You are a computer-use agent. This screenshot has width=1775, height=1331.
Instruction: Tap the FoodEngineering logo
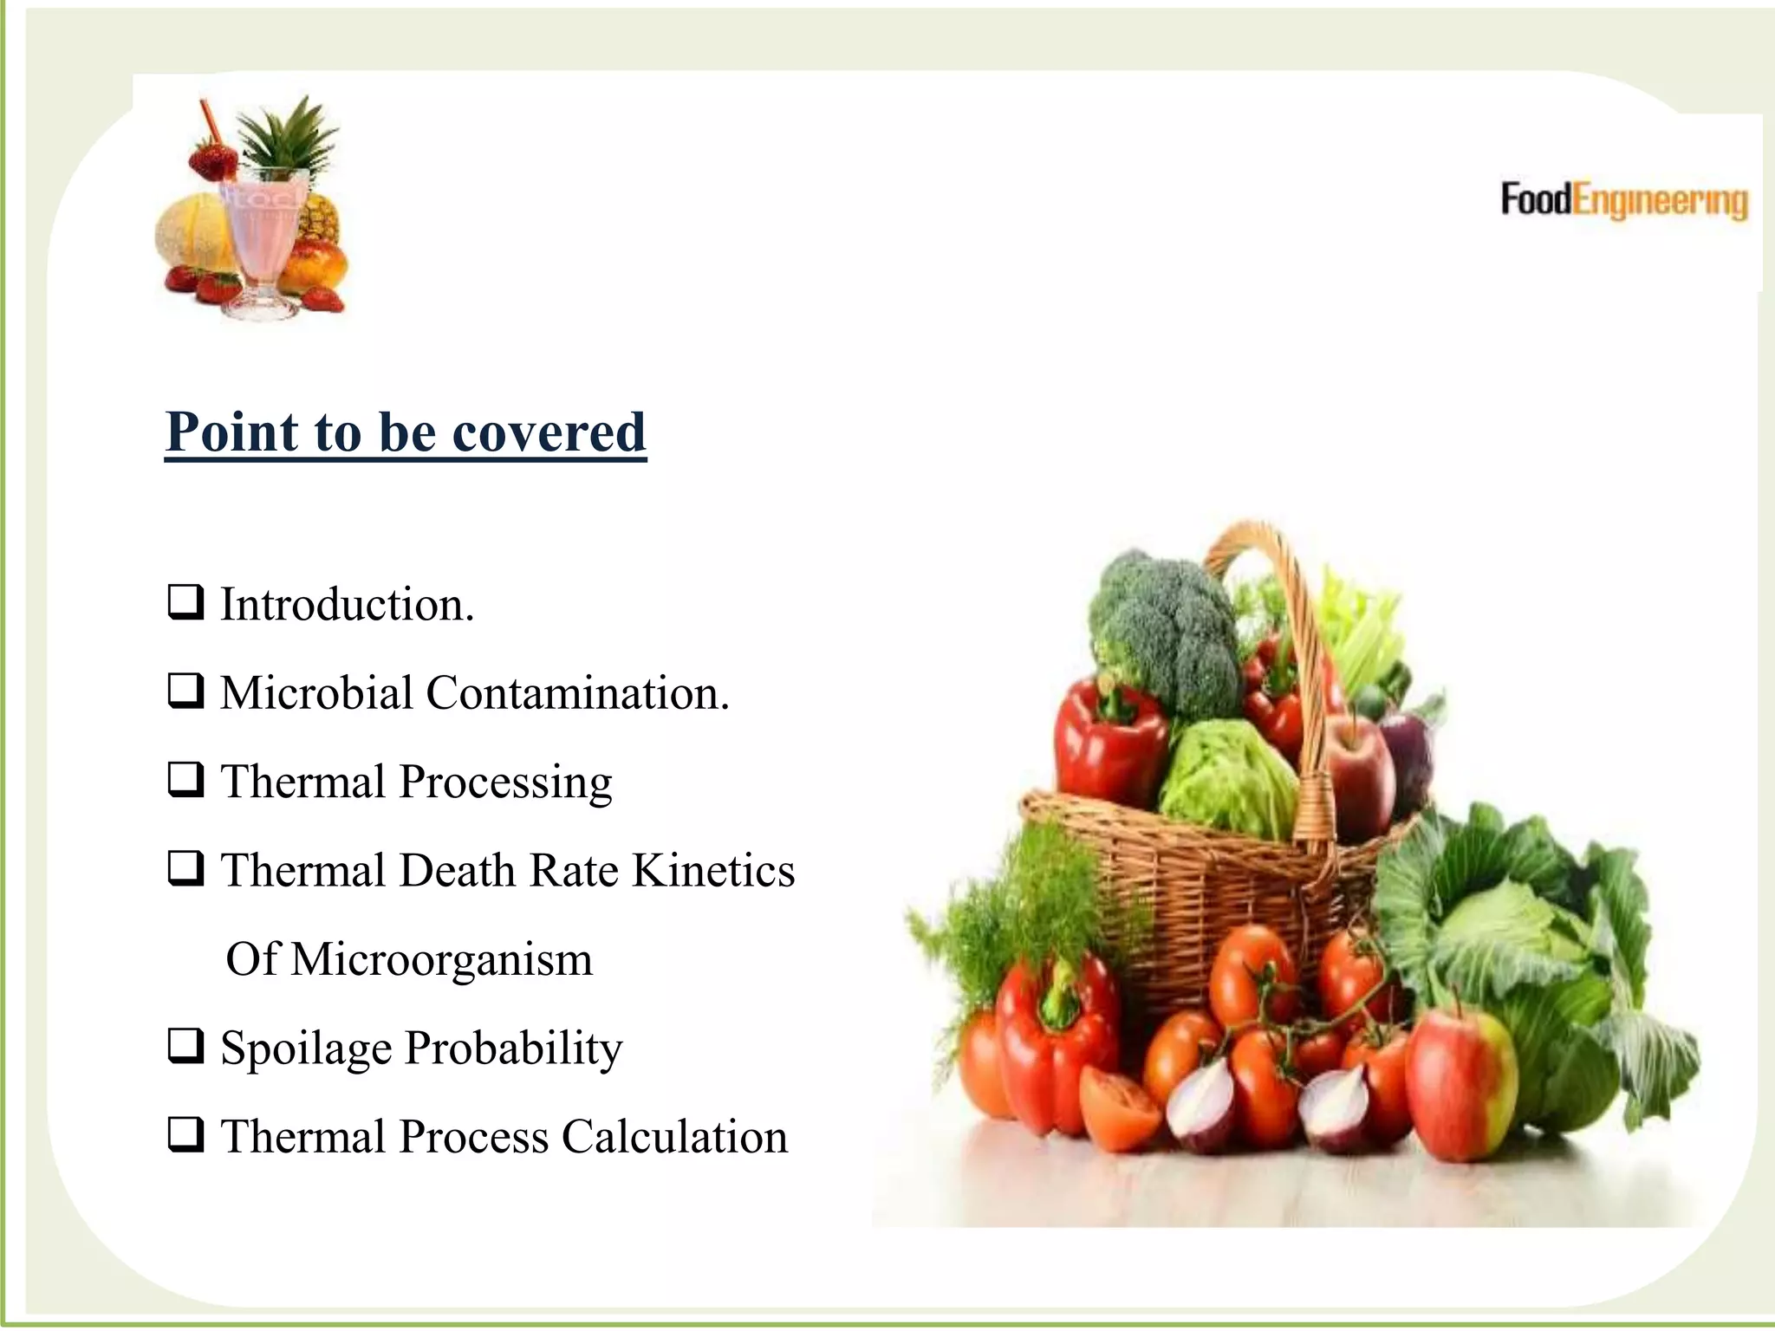pyautogui.click(x=1623, y=200)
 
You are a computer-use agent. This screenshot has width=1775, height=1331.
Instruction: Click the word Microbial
pyautogui.click(x=316, y=693)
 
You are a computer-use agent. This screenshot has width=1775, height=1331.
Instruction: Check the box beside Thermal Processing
pyautogui.click(x=185, y=780)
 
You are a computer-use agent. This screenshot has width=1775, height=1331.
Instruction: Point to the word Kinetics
pyautogui.click(x=712, y=870)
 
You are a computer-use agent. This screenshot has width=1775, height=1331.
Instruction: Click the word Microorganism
pyautogui.click(x=441, y=959)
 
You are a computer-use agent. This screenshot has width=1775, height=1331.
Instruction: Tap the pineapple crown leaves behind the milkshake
pyautogui.click(x=284, y=139)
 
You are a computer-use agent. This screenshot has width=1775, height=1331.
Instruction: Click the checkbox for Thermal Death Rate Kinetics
pyautogui.click(x=185, y=868)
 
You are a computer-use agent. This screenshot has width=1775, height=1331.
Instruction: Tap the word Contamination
pyautogui.click(x=577, y=693)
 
